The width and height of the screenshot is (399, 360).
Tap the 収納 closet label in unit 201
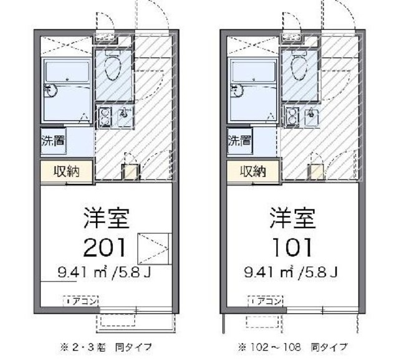pos(67,171)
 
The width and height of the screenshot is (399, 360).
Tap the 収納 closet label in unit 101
pos(252,171)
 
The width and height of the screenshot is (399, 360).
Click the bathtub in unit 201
pos(67,90)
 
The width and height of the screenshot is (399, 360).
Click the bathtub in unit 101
pos(252,90)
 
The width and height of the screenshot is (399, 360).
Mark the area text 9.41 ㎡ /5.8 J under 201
pos(105,272)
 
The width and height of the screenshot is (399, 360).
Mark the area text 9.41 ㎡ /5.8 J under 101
pos(291,272)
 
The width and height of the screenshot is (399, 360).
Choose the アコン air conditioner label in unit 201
pos(82,301)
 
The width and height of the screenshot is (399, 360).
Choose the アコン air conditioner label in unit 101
pos(267,301)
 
